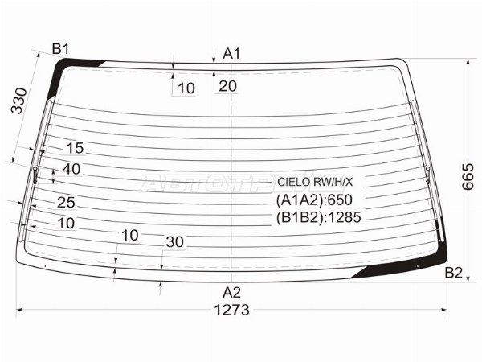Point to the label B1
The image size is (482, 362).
[x=61, y=50]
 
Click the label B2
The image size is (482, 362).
[x=454, y=274]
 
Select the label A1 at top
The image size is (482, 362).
[x=232, y=54]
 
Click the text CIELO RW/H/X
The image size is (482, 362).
[x=314, y=182]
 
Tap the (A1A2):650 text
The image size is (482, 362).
[x=315, y=200]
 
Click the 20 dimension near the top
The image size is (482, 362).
[x=227, y=86]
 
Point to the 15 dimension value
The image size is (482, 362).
[x=75, y=148]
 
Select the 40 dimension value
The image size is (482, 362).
[x=71, y=169]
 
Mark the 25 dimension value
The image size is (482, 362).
[x=66, y=203]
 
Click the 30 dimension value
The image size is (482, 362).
[x=174, y=241]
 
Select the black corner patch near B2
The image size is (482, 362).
[x=402, y=266]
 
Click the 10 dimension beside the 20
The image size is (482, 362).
[x=186, y=88]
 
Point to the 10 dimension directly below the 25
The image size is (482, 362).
[x=67, y=223]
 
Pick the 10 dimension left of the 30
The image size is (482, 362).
[x=130, y=235]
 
